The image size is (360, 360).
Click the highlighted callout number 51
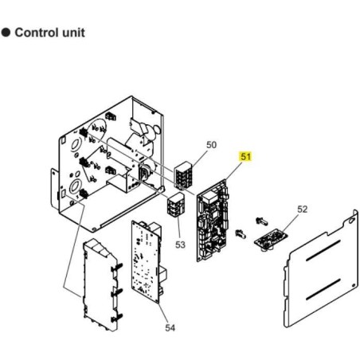click(245, 156)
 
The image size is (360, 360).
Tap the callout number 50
click(211, 145)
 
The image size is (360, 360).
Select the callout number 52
click(302, 209)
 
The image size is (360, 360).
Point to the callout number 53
click(180, 245)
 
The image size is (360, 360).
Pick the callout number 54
click(170, 328)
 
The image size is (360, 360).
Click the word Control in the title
click(37, 33)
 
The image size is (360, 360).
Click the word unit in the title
click(73, 33)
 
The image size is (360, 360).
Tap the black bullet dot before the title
click(6, 33)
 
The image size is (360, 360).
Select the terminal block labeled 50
click(183, 174)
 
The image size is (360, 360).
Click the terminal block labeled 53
click(175, 205)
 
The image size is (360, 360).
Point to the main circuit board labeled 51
click(213, 221)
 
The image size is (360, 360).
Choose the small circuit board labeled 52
click(272, 239)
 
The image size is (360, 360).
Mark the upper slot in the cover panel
click(323, 251)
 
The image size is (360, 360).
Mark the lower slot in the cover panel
click(323, 289)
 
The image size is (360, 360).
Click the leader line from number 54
click(163, 313)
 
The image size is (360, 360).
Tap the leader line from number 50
click(199, 158)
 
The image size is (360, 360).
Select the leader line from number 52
click(289, 222)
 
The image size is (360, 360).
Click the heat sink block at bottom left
click(100, 285)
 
